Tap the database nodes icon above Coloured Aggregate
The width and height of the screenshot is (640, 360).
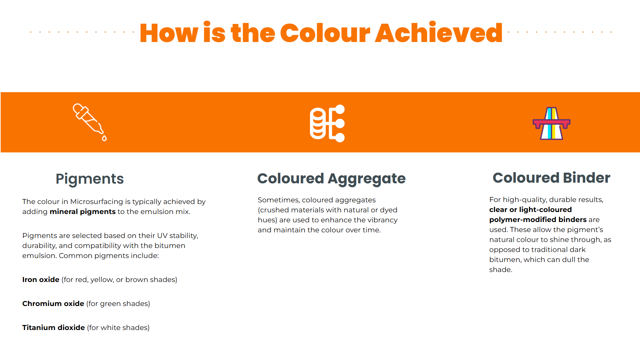click(x=327, y=123)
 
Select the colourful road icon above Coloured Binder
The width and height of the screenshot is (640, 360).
click(x=551, y=123)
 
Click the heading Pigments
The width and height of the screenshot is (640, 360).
click(x=90, y=179)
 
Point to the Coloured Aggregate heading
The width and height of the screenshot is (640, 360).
click(x=331, y=179)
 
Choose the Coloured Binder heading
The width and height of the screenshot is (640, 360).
click(x=551, y=178)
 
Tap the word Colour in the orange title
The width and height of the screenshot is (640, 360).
click(x=325, y=33)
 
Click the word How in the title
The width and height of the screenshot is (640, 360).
click(x=169, y=33)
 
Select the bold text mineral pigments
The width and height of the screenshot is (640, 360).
click(x=83, y=212)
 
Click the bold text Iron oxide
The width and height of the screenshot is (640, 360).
click(x=41, y=280)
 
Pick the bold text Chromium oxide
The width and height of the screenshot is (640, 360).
click(x=53, y=304)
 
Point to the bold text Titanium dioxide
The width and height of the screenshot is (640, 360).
click(x=53, y=328)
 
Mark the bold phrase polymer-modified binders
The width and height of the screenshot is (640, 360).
click(x=538, y=220)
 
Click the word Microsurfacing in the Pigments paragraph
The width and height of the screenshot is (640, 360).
click(x=97, y=202)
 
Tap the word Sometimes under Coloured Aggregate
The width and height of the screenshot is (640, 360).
click(x=279, y=200)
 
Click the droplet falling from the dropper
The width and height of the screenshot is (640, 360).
click(x=104, y=138)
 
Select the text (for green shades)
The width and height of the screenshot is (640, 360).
click(x=118, y=304)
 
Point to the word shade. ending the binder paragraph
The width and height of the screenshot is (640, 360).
click(x=501, y=270)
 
